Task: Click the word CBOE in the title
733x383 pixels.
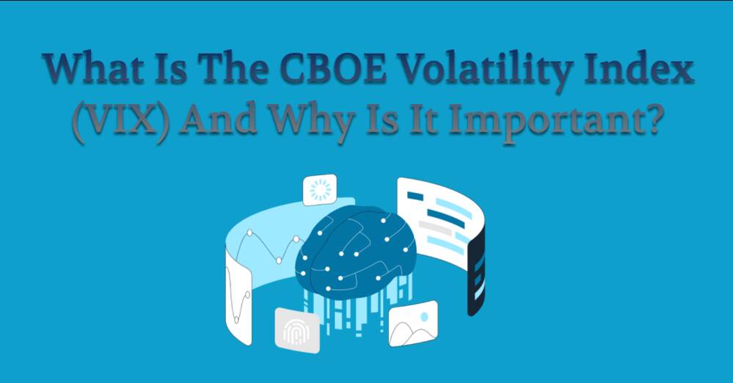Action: click(335, 68)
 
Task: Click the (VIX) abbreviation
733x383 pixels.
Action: click(121, 120)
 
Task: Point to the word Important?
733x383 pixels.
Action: click(556, 122)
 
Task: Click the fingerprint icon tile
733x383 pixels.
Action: click(297, 331)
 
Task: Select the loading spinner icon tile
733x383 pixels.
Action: click(320, 190)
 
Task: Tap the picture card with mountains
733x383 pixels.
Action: click(413, 324)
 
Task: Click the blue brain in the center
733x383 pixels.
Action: click(355, 253)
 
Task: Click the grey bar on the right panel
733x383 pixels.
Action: click(435, 228)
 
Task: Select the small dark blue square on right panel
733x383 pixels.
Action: click(415, 196)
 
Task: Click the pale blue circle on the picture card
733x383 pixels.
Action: click(424, 316)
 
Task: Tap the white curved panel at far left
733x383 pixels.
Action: click(238, 299)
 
